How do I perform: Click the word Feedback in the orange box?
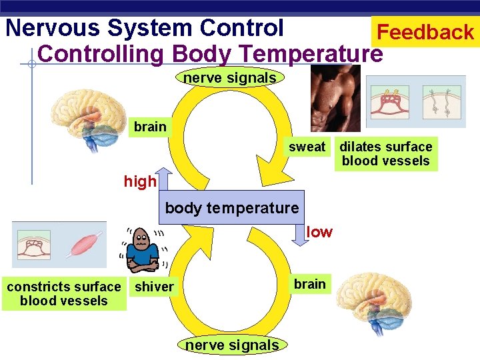click(x=425, y=31)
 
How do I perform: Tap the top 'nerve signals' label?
click(x=229, y=78)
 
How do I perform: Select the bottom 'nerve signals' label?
click(x=232, y=345)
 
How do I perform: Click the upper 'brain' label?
click(x=150, y=127)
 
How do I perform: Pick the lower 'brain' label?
click(x=310, y=284)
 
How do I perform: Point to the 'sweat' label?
click(x=307, y=147)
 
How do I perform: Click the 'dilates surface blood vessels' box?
click(x=386, y=153)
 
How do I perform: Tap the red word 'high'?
click(x=140, y=181)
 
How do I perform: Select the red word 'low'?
click(x=319, y=232)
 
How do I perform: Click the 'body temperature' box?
click(x=231, y=208)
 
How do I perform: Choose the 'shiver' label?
click(x=154, y=287)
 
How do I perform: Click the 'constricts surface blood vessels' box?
click(x=64, y=293)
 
